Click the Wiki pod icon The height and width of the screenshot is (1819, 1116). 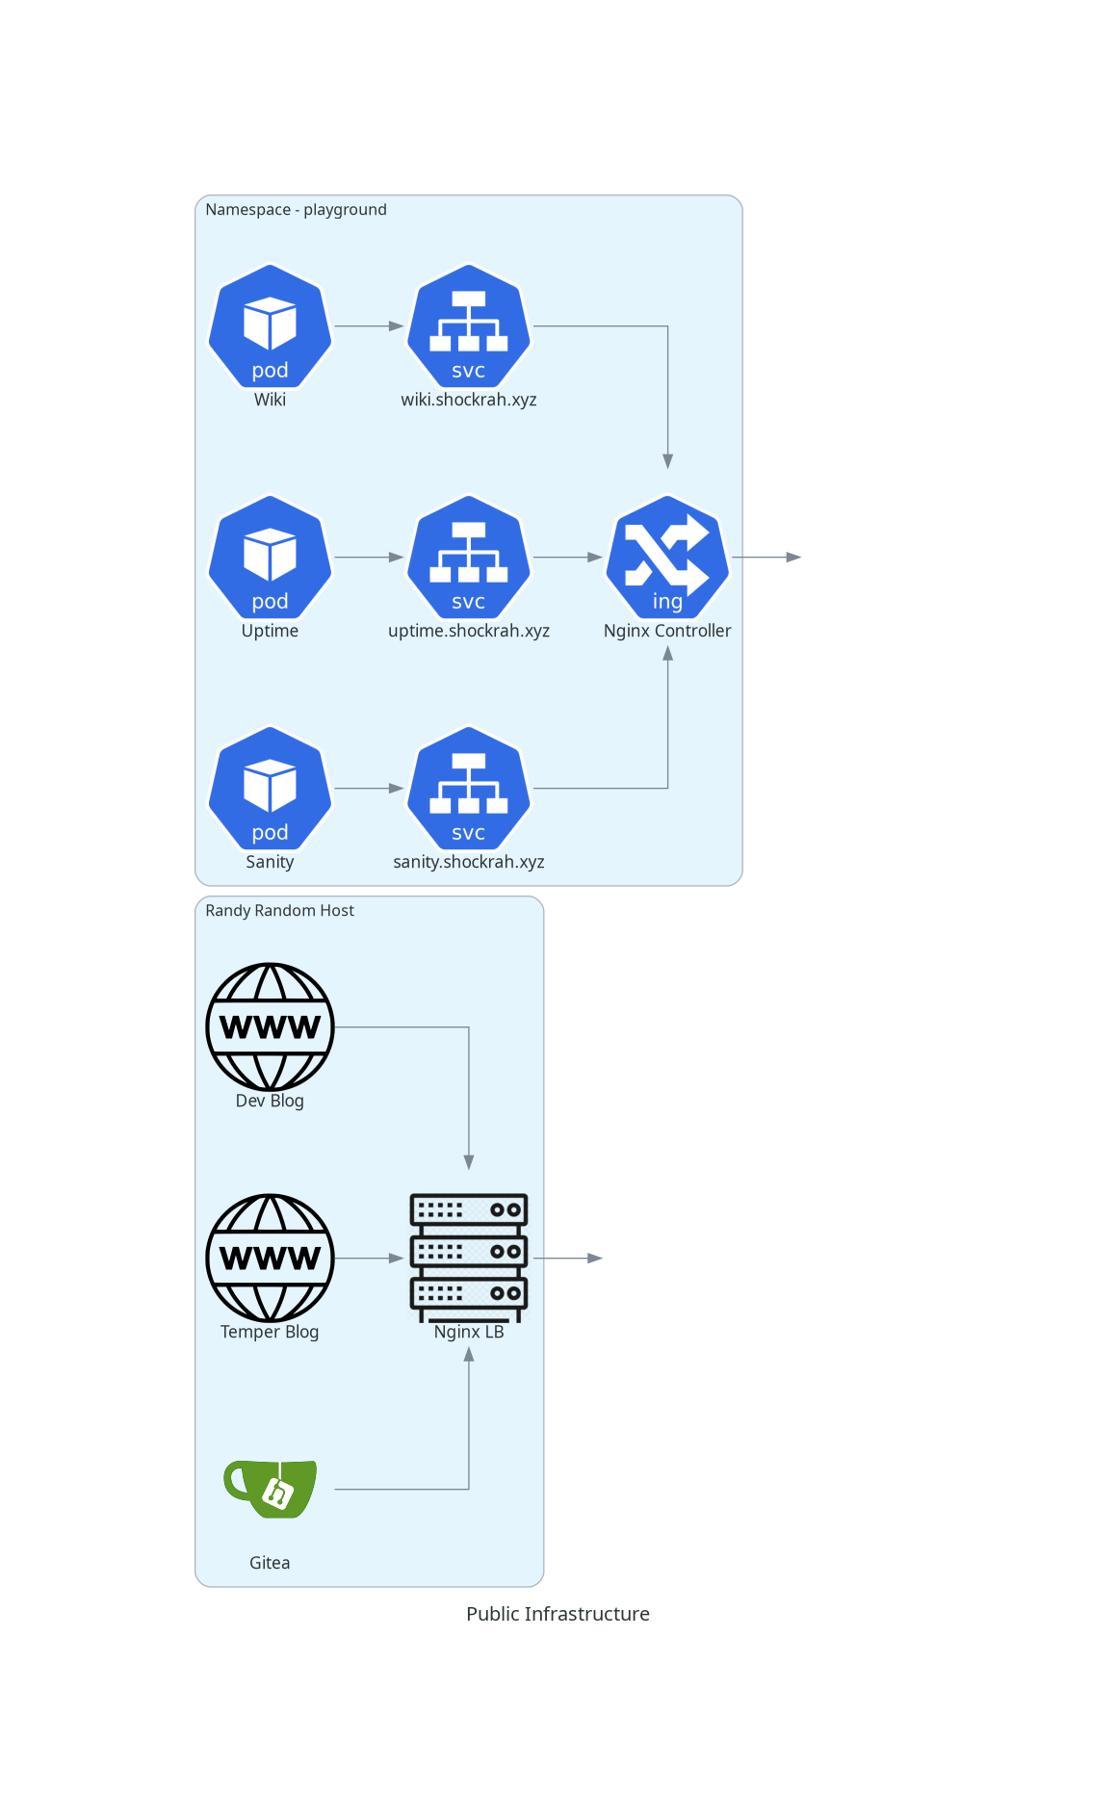(x=270, y=325)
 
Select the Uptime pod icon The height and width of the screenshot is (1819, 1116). (x=270, y=557)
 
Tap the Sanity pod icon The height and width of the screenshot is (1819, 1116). (x=270, y=788)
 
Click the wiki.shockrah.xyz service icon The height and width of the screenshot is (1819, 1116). (x=469, y=325)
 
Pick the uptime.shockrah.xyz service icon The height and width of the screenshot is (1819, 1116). (x=469, y=557)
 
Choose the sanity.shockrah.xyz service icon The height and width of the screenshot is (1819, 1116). (x=469, y=788)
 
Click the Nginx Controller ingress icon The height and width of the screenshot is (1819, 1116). (x=667, y=557)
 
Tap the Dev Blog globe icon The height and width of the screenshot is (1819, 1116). (x=270, y=1026)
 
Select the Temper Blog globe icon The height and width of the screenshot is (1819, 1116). (x=270, y=1258)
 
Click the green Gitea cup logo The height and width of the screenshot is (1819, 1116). (x=271, y=1489)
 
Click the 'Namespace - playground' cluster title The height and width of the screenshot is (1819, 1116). (x=296, y=210)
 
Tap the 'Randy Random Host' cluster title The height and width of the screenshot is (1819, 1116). (x=279, y=911)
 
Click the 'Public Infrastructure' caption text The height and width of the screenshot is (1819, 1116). (x=558, y=1614)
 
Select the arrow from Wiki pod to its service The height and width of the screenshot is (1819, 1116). (x=369, y=326)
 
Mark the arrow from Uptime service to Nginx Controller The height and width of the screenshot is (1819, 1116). (x=568, y=558)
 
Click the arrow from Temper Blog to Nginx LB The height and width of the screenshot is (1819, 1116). (x=369, y=1259)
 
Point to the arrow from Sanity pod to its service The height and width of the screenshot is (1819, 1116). (x=369, y=789)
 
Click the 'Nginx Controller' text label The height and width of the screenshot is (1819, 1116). (x=667, y=631)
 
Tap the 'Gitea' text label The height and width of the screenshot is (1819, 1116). (x=270, y=1563)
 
